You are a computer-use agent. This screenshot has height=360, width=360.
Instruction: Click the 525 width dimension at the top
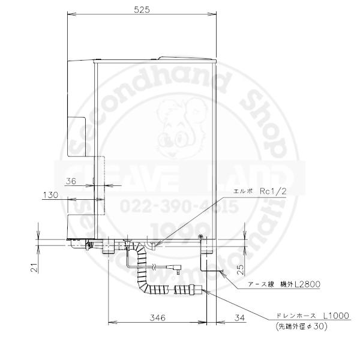click(x=142, y=10)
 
